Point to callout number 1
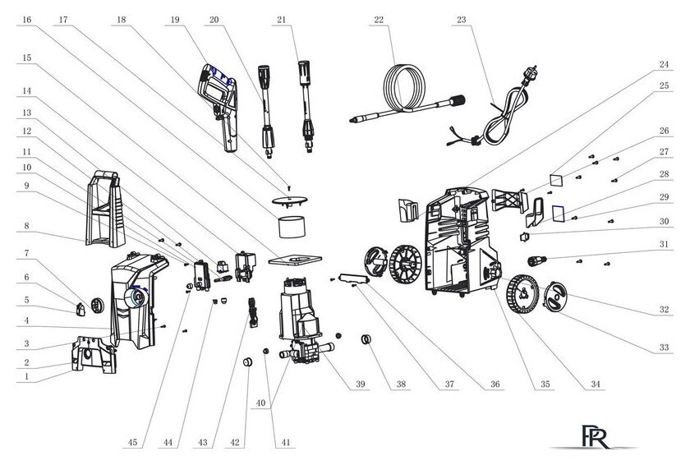pos(27,377)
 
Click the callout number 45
pos(132,442)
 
